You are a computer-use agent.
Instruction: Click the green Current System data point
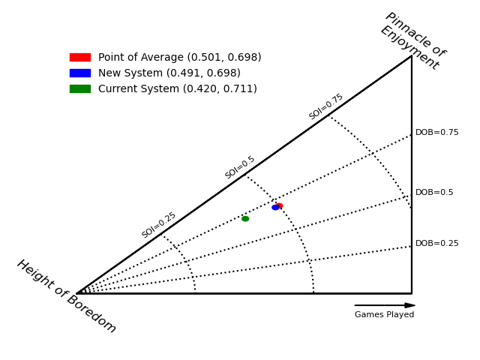point(245,218)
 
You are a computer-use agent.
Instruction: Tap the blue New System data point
point(275,207)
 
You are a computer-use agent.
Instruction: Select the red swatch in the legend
point(79,57)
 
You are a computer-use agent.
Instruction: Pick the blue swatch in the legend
point(79,73)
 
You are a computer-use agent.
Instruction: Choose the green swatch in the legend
point(79,88)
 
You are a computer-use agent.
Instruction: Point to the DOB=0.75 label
point(436,133)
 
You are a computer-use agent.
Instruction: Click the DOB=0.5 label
point(434,193)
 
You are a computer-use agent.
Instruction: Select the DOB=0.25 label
point(436,244)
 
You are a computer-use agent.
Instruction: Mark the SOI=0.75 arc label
point(326,106)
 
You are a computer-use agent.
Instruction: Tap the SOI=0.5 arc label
point(240,167)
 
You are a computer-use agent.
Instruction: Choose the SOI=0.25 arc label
point(159,225)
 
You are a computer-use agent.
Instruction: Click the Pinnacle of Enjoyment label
point(413,40)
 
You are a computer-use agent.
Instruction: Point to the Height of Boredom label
point(66,296)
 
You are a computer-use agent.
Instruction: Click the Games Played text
point(384,315)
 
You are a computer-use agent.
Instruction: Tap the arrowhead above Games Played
point(409,305)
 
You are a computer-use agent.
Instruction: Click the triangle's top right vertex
point(412,56)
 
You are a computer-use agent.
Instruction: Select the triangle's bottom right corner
point(412,293)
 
